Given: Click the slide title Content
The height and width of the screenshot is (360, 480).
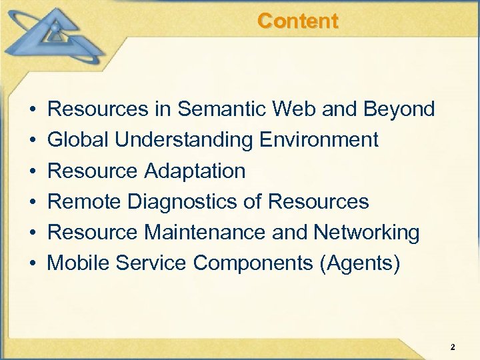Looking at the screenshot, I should click(297, 21).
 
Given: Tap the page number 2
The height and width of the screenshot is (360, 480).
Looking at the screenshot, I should click(453, 347).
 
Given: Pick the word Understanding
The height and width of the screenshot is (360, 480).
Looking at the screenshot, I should click(183, 141).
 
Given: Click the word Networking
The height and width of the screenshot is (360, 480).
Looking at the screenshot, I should click(366, 233).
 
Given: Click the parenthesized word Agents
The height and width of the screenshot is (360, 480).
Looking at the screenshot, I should click(360, 264).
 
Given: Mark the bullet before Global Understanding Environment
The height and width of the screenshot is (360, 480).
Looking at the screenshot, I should click(33, 141).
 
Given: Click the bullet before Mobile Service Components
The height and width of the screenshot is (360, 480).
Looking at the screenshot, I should click(33, 264).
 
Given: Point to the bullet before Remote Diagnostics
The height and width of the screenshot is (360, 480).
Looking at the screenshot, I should click(33, 202).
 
